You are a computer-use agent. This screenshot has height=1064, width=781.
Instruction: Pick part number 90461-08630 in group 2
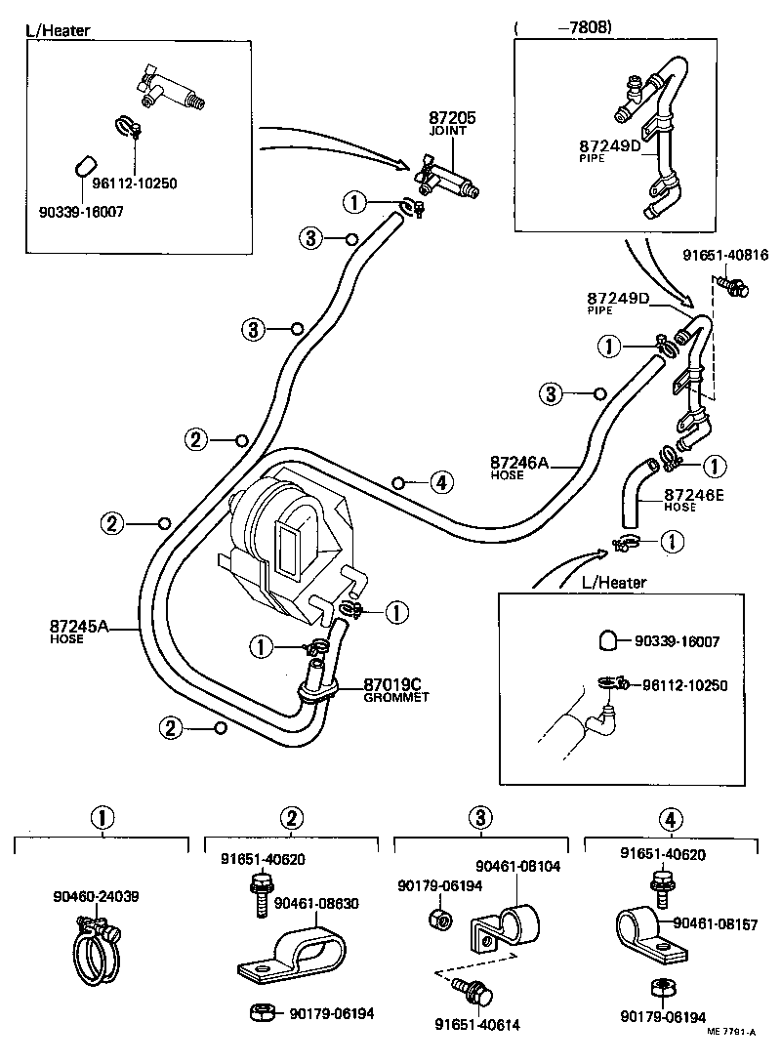(316, 903)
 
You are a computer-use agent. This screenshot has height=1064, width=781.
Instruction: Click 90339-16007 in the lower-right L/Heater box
(677, 641)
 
